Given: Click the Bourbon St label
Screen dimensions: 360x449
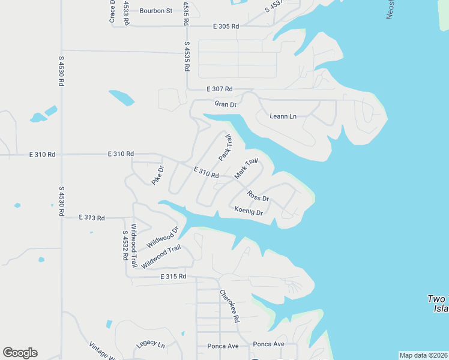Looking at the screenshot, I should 155,10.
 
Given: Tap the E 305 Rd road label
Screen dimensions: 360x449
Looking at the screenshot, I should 226,26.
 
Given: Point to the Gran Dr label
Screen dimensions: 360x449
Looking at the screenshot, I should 226,104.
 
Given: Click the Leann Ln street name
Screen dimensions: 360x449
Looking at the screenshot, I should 283,116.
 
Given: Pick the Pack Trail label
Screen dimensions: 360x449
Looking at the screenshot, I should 226,147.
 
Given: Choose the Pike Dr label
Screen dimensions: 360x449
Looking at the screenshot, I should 157,175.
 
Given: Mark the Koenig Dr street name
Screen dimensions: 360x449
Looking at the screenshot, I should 249,212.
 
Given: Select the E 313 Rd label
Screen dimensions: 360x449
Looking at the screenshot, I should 92,218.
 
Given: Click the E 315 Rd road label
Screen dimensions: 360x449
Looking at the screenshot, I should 173,277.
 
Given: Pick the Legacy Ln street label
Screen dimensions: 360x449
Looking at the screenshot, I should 150,344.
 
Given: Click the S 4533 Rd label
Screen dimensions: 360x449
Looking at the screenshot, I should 126,13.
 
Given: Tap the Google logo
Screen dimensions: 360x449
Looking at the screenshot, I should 20,353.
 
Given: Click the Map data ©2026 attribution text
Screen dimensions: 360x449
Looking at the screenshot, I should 423,355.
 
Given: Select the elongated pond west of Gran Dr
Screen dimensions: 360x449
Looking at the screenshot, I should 122,97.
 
